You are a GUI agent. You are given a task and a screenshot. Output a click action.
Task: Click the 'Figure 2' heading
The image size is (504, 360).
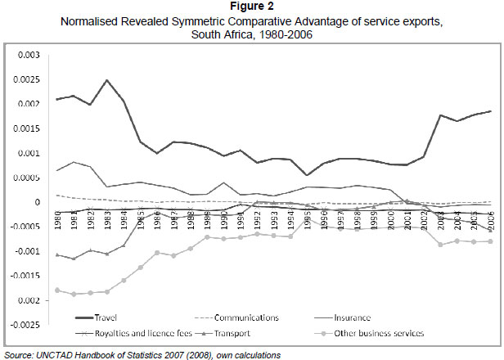(252, 7)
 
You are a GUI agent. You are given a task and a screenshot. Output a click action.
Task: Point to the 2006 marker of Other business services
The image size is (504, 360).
(490, 241)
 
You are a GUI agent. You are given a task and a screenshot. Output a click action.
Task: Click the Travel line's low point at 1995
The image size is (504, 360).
(307, 175)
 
